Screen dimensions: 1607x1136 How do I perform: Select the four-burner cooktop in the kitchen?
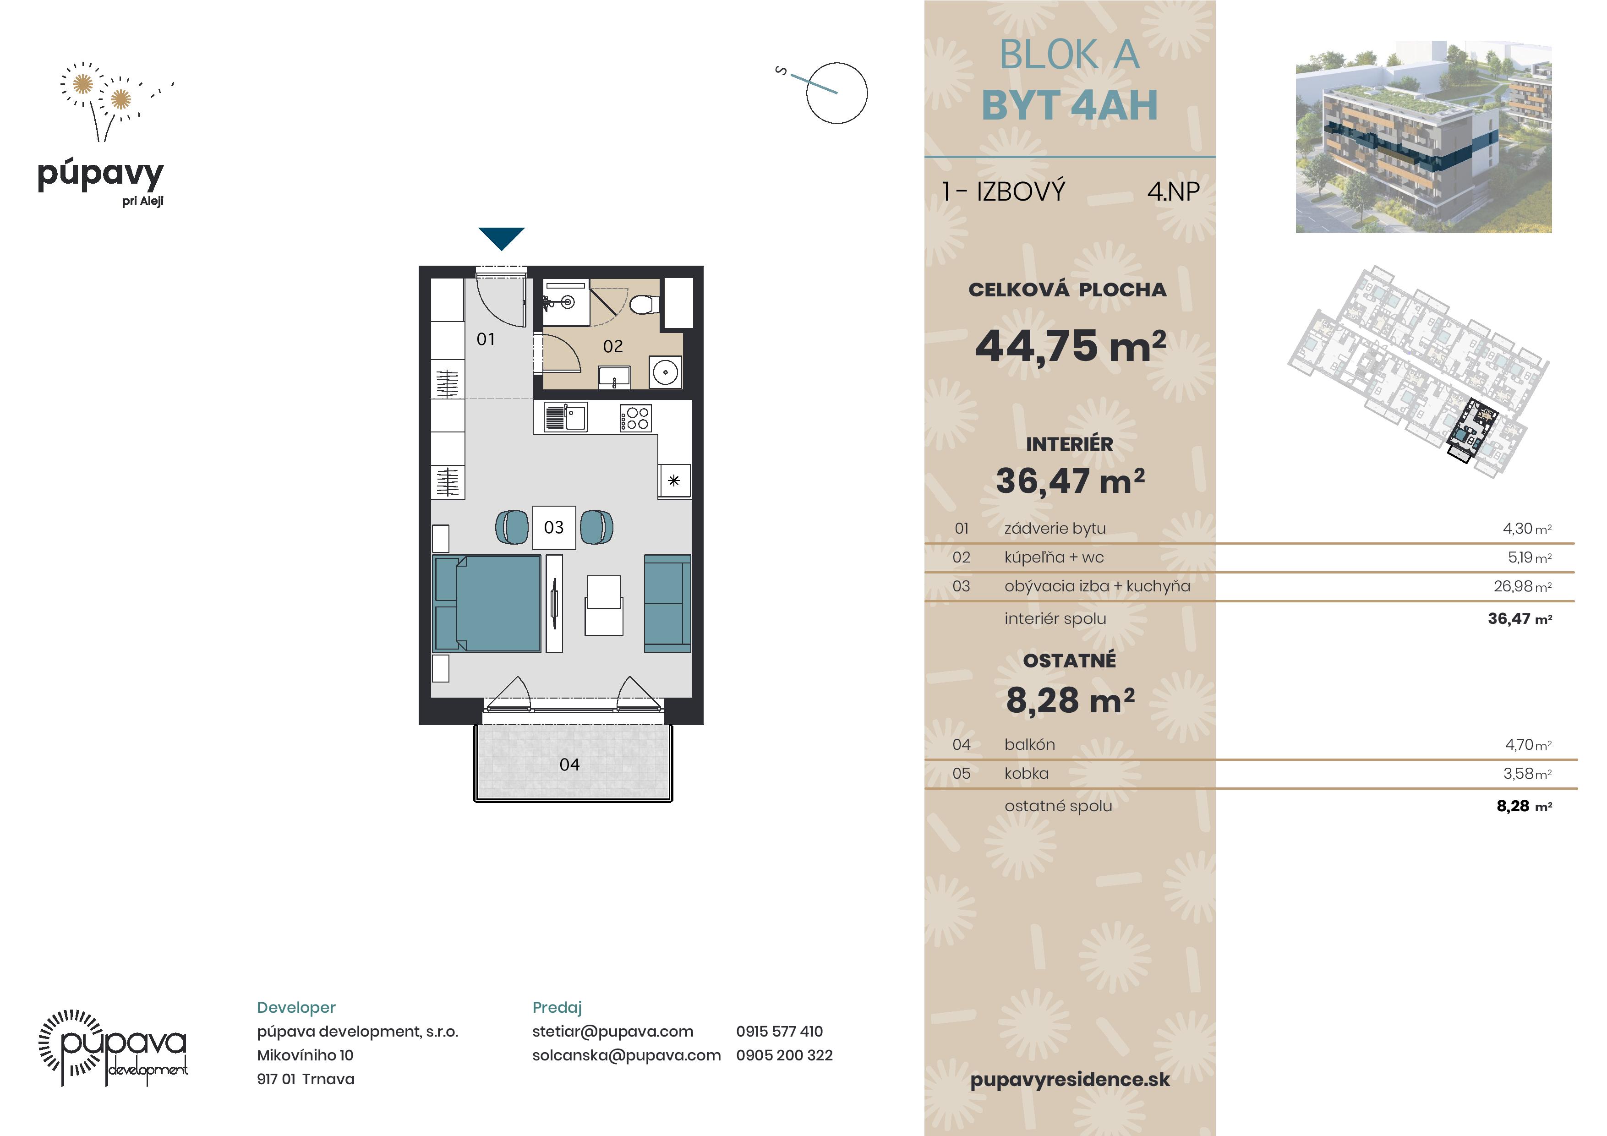point(635,418)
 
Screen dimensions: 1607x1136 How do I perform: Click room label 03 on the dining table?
point(554,527)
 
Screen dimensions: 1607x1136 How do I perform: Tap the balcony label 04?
point(570,765)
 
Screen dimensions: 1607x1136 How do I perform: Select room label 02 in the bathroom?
point(613,346)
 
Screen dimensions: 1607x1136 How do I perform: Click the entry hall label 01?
point(486,339)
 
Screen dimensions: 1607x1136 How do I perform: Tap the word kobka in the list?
point(1027,773)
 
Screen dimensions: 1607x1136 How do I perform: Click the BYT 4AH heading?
point(1070,105)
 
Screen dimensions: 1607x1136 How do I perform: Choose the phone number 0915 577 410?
point(779,1031)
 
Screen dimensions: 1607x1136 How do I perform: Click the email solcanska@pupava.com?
point(626,1055)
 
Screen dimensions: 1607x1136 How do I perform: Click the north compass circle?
point(836,93)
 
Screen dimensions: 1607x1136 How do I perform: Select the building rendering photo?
point(1424,137)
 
